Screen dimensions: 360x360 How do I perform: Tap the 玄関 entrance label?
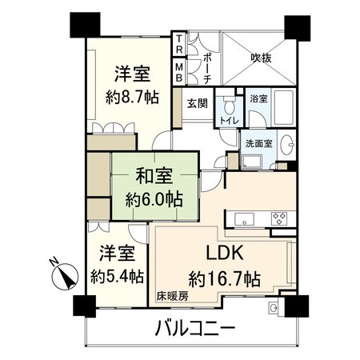click(x=198, y=104)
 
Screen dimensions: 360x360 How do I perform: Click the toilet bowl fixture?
click(x=229, y=106)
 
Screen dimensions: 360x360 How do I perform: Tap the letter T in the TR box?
click(x=179, y=40)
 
